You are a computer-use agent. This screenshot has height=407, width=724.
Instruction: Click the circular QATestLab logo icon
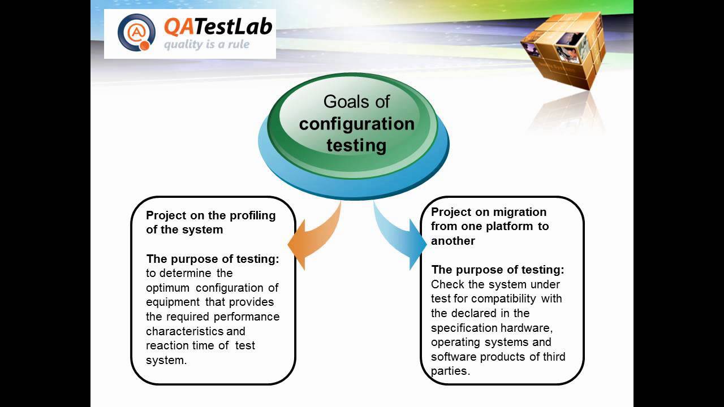point(136,33)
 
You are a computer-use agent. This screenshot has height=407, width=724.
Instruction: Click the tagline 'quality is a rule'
point(206,45)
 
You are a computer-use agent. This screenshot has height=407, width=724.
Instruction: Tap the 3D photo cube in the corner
point(562,50)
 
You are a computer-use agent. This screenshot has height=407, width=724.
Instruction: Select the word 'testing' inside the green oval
point(356,145)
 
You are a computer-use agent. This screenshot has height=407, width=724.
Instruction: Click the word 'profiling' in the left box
point(252,215)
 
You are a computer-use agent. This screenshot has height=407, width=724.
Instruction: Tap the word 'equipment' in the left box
point(173,302)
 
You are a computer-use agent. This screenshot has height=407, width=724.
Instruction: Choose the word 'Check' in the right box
point(446,284)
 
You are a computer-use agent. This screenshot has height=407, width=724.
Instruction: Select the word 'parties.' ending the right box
point(450,371)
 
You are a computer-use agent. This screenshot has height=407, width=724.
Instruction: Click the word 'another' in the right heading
point(453,241)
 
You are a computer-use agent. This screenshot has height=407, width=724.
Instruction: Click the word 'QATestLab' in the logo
point(218,26)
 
